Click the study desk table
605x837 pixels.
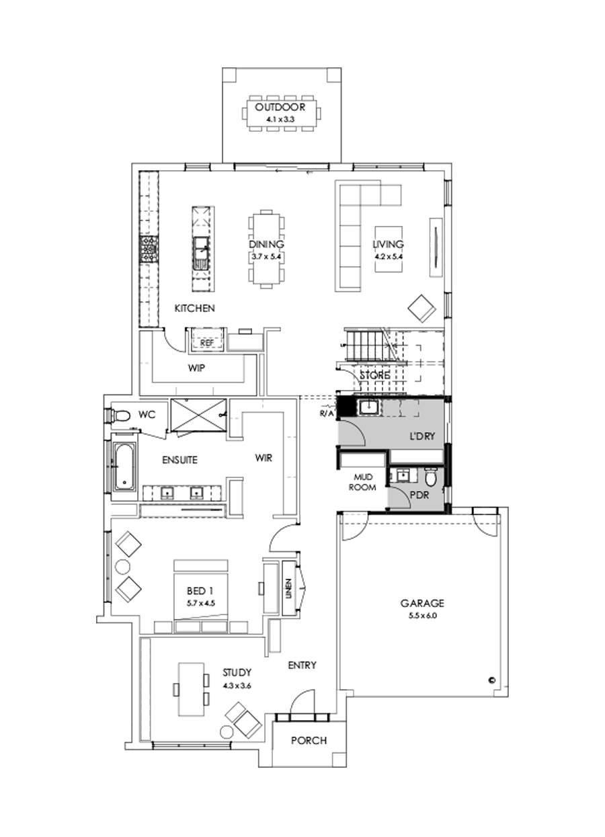point(192,689)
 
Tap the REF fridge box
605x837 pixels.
point(207,342)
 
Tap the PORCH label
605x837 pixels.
point(309,741)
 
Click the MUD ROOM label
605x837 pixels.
point(363,483)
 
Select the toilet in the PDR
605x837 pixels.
point(431,477)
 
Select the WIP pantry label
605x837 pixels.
point(196,368)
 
